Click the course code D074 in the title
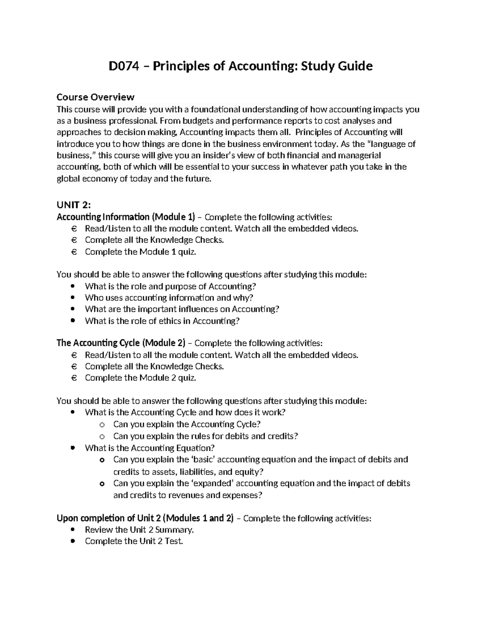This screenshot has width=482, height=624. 123,65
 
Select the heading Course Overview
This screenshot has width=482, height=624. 95,97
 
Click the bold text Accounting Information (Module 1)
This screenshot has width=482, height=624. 125,217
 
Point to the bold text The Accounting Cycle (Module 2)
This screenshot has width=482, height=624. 120,343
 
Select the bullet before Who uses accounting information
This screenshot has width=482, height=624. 73,298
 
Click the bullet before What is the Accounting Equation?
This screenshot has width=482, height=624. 73,448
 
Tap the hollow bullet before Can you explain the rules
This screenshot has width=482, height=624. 102,436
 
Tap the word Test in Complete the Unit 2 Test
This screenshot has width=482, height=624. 174,541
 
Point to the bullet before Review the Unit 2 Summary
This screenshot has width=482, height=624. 73,530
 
